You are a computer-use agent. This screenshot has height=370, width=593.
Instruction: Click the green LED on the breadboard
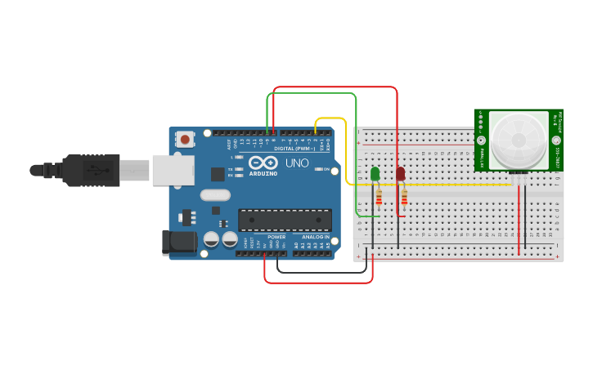pyautogui.click(x=375, y=174)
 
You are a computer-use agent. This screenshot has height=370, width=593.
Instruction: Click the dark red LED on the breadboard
pyautogui.click(x=401, y=174)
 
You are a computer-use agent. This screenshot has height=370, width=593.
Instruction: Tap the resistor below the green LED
pyautogui.click(x=379, y=197)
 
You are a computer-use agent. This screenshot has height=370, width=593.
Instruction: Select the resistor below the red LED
pyautogui.click(x=405, y=197)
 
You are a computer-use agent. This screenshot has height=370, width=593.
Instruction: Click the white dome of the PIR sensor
pyautogui.click(x=518, y=139)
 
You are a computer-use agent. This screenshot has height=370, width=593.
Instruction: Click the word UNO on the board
pyautogui.click(x=297, y=163)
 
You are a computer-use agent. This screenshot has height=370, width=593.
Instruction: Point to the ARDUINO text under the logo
pyautogui.click(x=263, y=173)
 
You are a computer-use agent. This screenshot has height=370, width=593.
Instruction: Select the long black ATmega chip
pyautogui.click(x=285, y=220)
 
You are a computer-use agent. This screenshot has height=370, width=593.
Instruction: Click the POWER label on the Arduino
pyautogui.click(x=276, y=237)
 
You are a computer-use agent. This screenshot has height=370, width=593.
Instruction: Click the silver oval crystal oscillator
pyautogui.click(x=214, y=195)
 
